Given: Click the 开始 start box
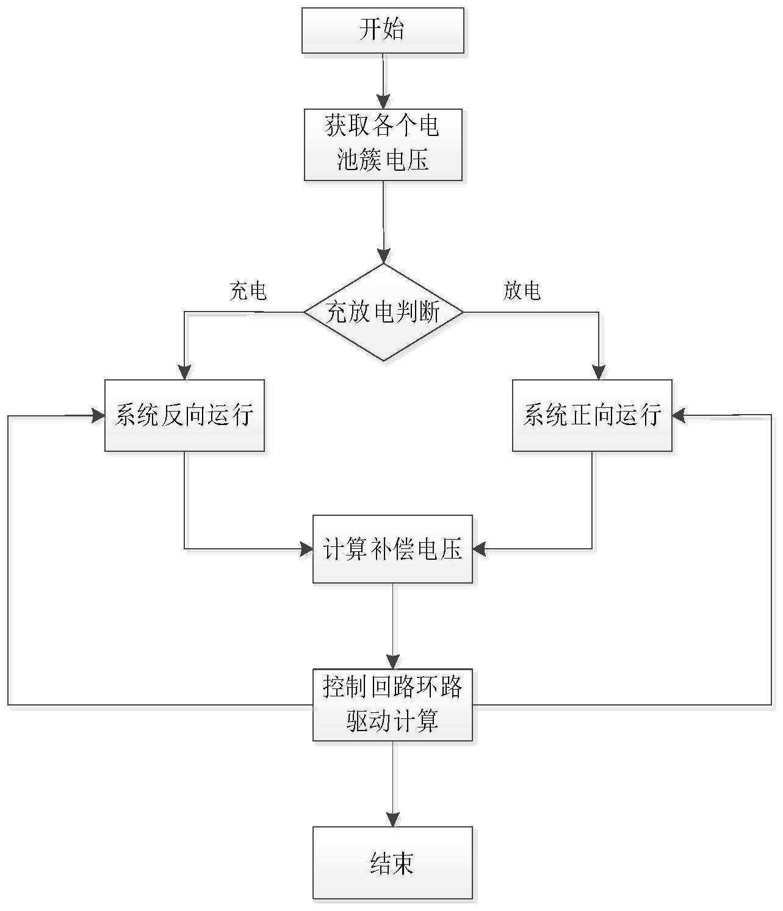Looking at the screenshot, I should click(x=383, y=30).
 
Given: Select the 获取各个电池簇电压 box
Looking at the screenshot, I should click(x=383, y=145).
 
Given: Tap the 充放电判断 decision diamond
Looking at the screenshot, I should click(x=383, y=312).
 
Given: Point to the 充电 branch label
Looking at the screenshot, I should click(x=248, y=291).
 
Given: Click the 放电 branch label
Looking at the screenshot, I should click(x=522, y=291).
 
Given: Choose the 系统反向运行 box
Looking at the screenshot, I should click(x=184, y=415).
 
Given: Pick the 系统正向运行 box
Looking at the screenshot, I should click(x=592, y=415).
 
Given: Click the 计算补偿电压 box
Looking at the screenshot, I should click(x=392, y=549).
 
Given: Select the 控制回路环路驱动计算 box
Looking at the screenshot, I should click(x=392, y=705).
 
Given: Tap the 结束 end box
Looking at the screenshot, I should click(x=392, y=862).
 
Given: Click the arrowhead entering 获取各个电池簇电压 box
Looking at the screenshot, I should click(x=383, y=102).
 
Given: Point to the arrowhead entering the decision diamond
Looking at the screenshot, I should click(x=383, y=256).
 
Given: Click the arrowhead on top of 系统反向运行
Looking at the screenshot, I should click(x=184, y=373).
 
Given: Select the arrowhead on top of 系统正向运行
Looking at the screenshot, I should click(x=599, y=373).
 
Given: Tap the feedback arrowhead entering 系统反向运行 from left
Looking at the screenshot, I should click(x=98, y=416).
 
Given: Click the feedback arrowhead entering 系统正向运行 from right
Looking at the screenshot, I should click(x=679, y=416).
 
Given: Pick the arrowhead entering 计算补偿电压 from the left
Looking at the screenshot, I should click(x=306, y=549).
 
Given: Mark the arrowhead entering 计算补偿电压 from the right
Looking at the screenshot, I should click(x=480, y=549).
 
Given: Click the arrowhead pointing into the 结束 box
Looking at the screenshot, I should click(x=392, y=819).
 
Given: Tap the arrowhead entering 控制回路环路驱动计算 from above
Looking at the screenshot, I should click(x=392, y=662).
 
